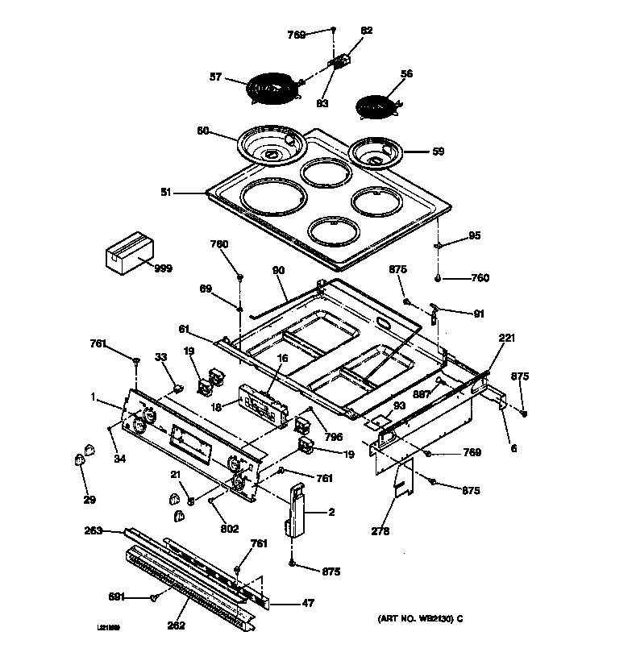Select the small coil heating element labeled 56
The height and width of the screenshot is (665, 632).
tap(377, 106)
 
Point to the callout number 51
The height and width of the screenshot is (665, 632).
tap(167, 193)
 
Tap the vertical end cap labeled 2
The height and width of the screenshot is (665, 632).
tap(296, 509)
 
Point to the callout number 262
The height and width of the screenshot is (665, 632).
tap(176, 626)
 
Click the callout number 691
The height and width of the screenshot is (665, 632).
tap(118, 596)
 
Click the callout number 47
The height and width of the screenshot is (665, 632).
tap(307, 603)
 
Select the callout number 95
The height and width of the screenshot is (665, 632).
tap(475, 235)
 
